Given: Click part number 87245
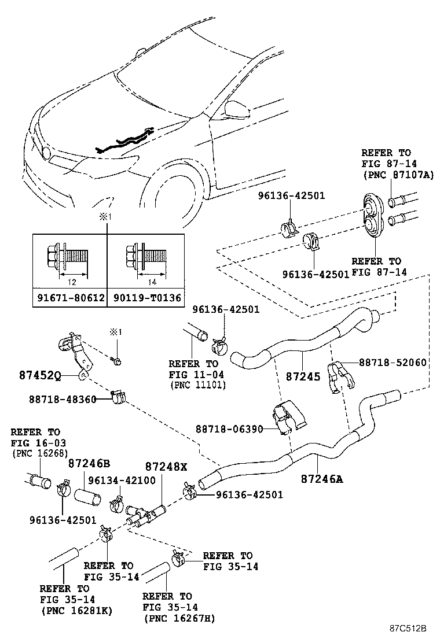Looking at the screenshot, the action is [x=303, y=376].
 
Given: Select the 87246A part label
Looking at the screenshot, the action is [x=322, y=479].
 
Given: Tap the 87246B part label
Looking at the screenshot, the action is [x=89, y=463].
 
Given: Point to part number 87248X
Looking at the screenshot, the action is [x=166, y=467].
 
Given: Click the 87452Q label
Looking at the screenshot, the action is [x=40, y=375].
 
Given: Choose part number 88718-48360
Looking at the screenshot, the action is [x=63, y=399].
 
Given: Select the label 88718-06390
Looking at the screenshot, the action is [x=229, y=429].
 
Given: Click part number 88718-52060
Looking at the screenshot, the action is [x=393, y=362].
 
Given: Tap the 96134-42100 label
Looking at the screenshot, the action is [x=122, y=480].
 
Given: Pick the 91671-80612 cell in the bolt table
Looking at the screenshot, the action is [x=70, y=298].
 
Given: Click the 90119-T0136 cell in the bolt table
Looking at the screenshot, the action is [x=146, y=298].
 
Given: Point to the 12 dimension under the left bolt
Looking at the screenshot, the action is [x=72, y=282].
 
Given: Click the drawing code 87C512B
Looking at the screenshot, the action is [x=408, y=628].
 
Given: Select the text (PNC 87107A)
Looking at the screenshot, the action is [x=398, y=175].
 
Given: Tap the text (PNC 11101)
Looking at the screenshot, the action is [x=198, y=385].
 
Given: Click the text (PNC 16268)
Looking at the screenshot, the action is [x=40, y=453].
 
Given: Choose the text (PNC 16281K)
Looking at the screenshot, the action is [x=77, y=611].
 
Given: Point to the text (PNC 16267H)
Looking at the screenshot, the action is [x=179, y=618].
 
